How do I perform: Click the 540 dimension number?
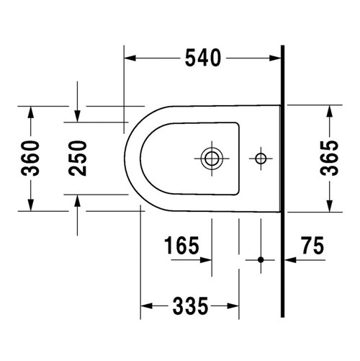(x=203, y=58)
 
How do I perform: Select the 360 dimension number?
(x=30, y=159)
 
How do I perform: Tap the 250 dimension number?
(x=77, y=159)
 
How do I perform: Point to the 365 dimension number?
(x=329, y=159)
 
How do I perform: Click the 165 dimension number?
(x=181, y=245)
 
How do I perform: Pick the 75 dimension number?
(x=313, y=245)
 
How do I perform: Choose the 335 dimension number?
(x=190, y=306)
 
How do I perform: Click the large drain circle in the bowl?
(x=212, y=159)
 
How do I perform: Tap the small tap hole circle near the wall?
(x=261, y=159)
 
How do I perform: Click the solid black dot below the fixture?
(x=261, y=259)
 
